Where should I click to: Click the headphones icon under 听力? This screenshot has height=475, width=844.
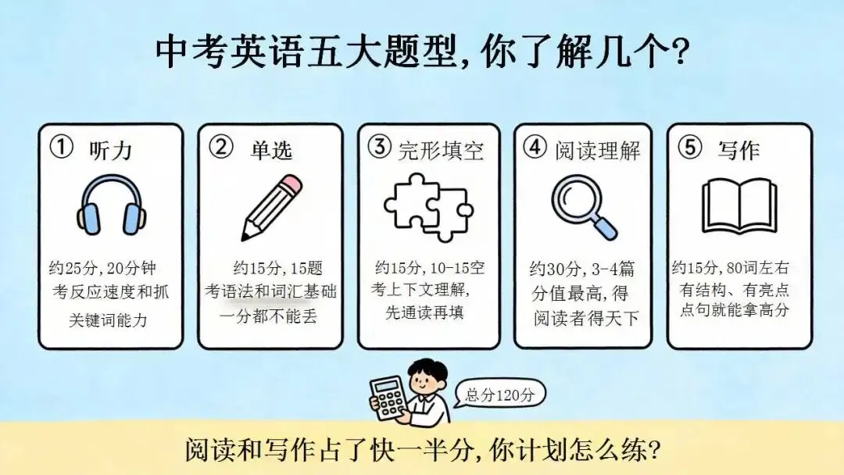pos(111,205)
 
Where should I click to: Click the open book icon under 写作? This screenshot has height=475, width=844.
pos(739,206)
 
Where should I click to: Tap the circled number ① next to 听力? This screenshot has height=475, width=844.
pos(61,147)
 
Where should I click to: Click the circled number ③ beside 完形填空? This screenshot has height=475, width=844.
pos(380,147)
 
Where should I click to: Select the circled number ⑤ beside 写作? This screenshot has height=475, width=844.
pos(689,147)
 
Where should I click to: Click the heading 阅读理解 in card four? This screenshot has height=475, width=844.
pos(598,151)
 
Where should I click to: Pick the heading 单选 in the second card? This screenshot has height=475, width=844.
pos(271,150)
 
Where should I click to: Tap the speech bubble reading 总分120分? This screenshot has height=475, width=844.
pos(499,395)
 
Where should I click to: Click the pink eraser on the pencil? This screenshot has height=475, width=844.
pos(291,184)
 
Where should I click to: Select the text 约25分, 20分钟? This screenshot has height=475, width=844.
pos(102,268)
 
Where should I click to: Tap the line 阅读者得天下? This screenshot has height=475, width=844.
pos(586,319)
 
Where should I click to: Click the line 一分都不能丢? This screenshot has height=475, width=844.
pos(269,316)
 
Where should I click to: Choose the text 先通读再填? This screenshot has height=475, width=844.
pos(424,312)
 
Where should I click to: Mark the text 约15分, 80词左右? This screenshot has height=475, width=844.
pos(731,267)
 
